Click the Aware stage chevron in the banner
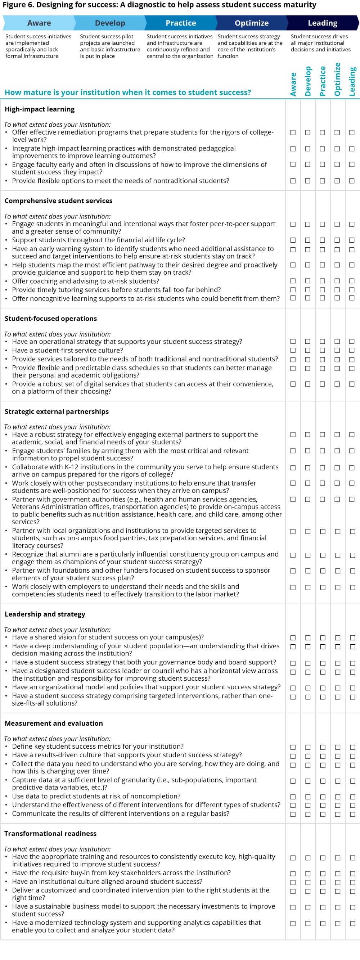[x=39, y=23]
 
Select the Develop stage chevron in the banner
[x=110, y=23]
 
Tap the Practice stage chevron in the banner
[x=181, y=23]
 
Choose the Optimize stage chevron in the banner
[x=252, y=23]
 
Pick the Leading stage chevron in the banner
[x=322, y=23]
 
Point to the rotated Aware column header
[x=293, y=84]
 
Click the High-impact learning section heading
[x=40, y=109]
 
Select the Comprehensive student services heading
[x=59, y=201]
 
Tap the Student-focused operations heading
[x=51, y=319]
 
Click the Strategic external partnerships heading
[x=57, y=411]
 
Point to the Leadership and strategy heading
[x=45, y=614]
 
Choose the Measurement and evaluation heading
[x=54, y=724]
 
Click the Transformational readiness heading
[x=50, y=834]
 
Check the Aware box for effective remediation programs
[x=293, y=133]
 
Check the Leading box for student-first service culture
[x=352, y=350]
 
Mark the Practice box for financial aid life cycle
[x=322, y=240]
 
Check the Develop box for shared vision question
[x=308, y=638]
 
